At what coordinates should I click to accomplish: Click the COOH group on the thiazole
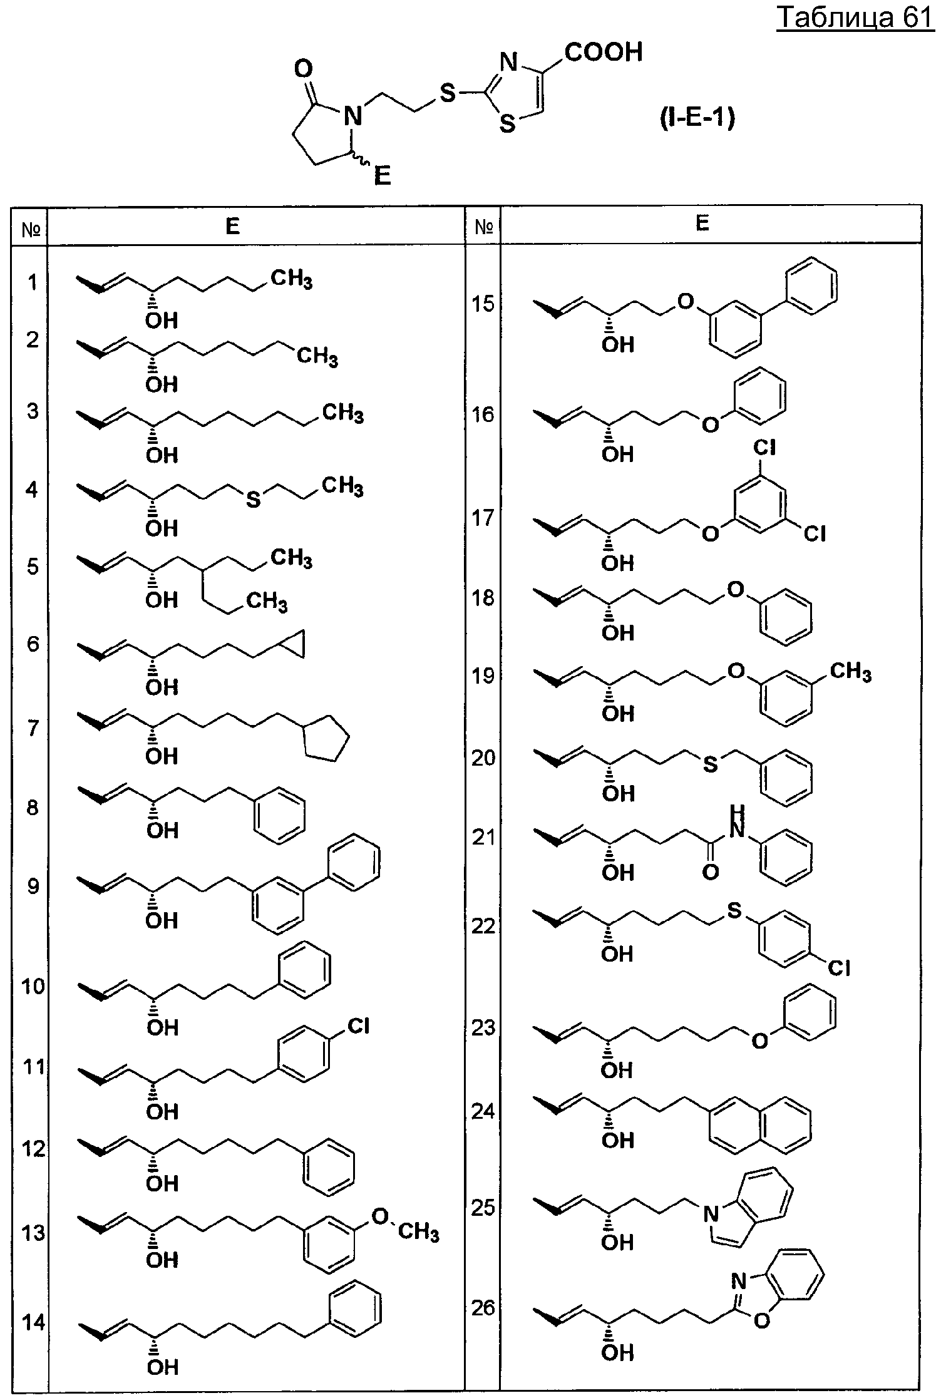(604, 52)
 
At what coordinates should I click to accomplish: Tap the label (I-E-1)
(697, 118)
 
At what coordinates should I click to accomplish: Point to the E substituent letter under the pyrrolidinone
(382, 175)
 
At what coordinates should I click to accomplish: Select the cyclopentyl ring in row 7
(326, 739)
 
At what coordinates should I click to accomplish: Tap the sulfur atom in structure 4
(253, 500)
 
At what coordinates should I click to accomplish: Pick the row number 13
(34, 1233)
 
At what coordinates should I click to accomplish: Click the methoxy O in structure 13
(380, 1216)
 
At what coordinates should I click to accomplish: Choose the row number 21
(483, 837)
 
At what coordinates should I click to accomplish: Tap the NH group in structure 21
(738, 822)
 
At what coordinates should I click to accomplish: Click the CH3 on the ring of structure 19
(850, 674)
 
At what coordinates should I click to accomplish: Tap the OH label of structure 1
(162, 321)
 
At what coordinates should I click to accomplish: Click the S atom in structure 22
(734, 911)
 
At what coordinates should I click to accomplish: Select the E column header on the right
(702, 224)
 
